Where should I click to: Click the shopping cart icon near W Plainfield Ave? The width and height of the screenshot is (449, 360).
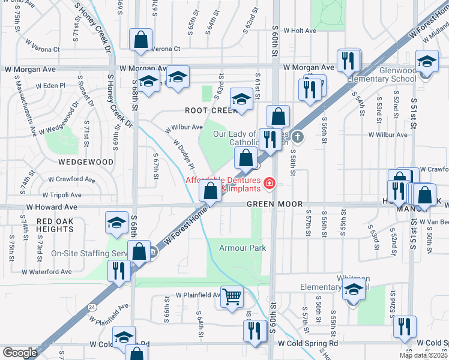[232, 296]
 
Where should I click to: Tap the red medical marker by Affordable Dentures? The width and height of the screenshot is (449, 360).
[270, 182]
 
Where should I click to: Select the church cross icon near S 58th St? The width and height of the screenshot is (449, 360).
[298, 137]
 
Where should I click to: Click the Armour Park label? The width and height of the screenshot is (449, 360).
[242, 248]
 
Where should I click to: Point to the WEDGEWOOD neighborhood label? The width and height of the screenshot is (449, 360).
[86, 162]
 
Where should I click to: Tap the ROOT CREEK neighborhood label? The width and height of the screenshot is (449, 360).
[208, 110]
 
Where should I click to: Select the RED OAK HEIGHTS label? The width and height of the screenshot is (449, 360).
[55, 226]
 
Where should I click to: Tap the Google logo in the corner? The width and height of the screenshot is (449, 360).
[20, 353]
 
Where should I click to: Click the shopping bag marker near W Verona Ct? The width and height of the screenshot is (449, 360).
[140, 40]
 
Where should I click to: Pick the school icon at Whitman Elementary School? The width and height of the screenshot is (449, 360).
[354, 290]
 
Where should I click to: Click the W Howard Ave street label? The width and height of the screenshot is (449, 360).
[52, 206]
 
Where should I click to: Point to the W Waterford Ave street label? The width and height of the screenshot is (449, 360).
[47, 272]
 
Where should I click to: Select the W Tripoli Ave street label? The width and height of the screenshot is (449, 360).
[62, 195]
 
